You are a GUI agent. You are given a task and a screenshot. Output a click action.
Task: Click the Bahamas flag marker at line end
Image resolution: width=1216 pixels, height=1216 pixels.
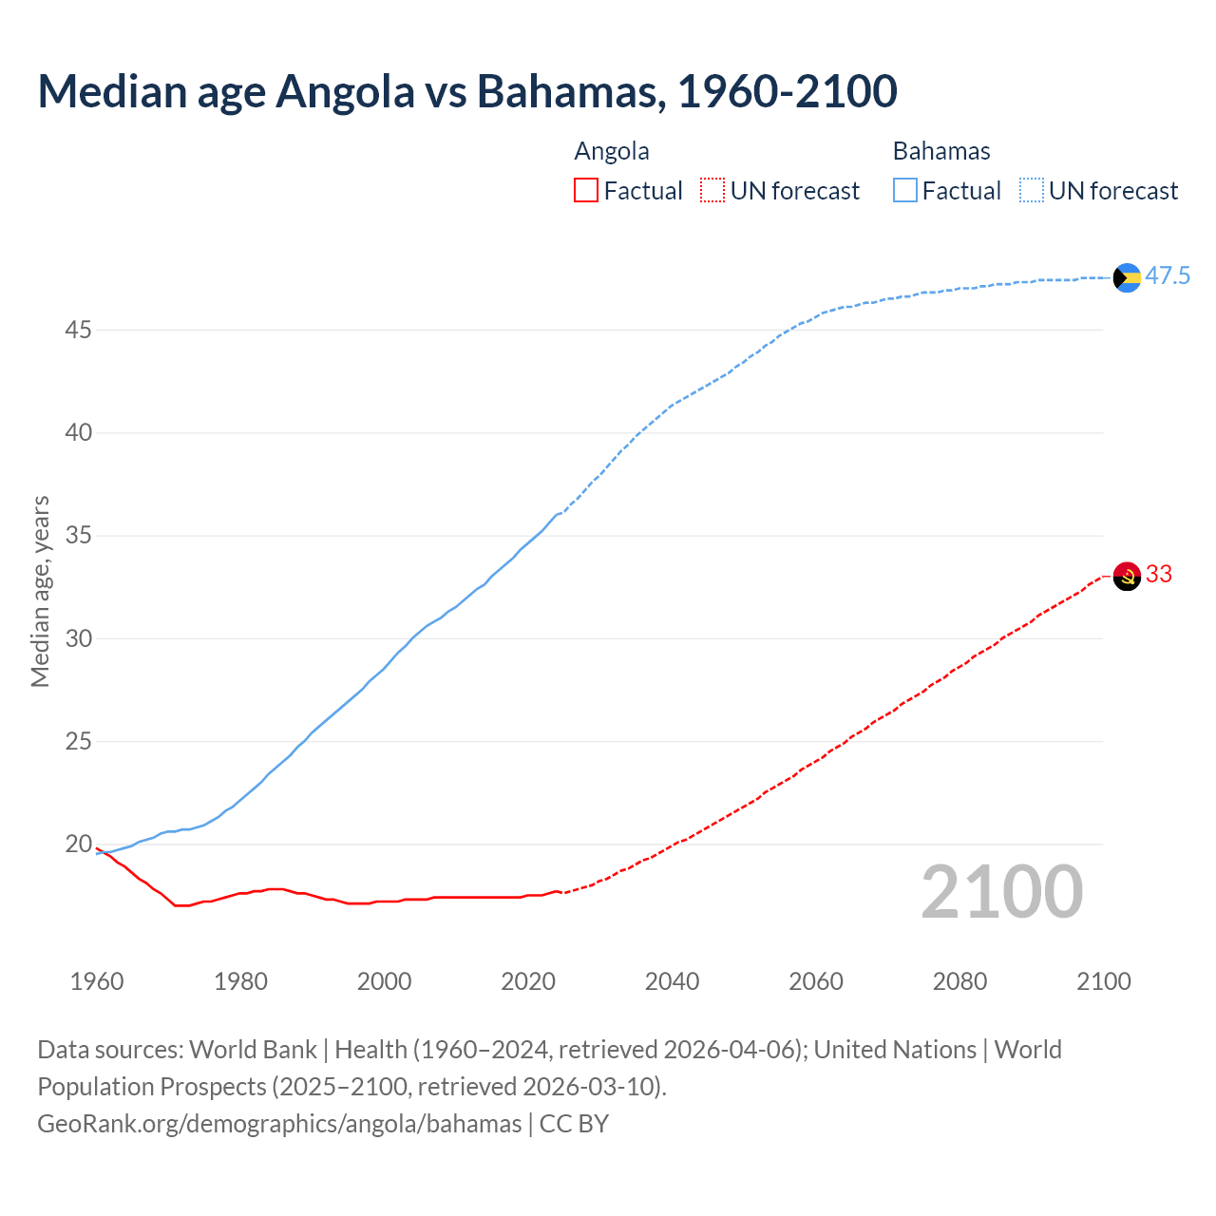pos(1127,277)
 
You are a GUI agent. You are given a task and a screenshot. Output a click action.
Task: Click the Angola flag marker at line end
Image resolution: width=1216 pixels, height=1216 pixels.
pos(1127,576)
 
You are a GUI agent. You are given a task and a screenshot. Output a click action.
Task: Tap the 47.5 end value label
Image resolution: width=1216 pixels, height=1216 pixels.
pos(1168,276)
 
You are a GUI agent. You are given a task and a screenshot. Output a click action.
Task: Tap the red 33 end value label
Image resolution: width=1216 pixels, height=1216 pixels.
pos(1159,575)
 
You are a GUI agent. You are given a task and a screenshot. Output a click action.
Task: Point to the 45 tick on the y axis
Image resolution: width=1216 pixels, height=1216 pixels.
pos(78,331)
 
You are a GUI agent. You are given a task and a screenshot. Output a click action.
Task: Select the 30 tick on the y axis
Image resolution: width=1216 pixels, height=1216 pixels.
pos(78,638)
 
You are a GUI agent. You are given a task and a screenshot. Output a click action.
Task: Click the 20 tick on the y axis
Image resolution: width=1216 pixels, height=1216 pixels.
pos(78,845)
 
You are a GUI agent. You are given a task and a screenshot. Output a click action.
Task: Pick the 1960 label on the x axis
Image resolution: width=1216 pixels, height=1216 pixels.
pos(97,981)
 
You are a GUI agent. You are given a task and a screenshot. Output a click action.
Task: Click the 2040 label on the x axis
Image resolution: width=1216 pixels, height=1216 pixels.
pos(672,981)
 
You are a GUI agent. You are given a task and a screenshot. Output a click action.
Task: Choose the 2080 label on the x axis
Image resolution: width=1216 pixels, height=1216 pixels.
pos(959,981)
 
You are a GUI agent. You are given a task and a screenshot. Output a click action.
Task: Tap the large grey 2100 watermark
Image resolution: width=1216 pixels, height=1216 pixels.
pos(1001,892)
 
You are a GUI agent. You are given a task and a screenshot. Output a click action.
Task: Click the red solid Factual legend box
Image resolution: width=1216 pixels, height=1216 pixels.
pos(586,191)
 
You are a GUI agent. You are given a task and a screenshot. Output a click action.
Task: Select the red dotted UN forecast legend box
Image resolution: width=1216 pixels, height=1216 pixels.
pos(712,191)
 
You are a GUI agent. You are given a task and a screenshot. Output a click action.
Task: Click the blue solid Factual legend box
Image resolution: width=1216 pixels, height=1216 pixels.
pos(905,191)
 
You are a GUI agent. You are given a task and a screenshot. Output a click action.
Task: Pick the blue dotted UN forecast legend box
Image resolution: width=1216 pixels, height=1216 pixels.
pos(1032,191)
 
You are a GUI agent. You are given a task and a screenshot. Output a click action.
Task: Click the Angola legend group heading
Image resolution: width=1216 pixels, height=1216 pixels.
pos(612,152)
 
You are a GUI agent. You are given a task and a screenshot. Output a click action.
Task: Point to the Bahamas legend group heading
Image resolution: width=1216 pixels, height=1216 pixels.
pos(940,152)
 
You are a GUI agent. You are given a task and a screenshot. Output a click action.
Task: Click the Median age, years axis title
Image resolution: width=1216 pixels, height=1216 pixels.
pos(40,591)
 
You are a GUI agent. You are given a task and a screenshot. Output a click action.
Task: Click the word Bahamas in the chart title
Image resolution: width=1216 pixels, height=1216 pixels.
pos(567,92)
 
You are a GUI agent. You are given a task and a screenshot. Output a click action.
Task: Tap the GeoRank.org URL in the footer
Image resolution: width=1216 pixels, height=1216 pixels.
pos(279,1124)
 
